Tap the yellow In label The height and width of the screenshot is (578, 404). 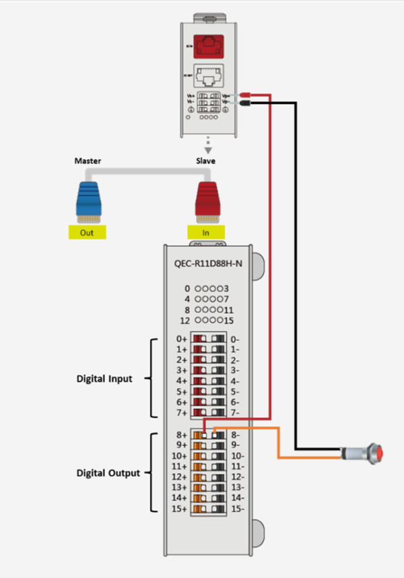206,233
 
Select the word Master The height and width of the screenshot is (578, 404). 88,162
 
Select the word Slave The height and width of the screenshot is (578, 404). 205,162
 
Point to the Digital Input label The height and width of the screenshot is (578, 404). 104,379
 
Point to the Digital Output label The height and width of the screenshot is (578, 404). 107,473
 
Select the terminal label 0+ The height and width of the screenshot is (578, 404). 180,338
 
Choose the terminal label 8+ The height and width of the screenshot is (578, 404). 180,435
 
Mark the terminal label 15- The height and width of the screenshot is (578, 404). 238,509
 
